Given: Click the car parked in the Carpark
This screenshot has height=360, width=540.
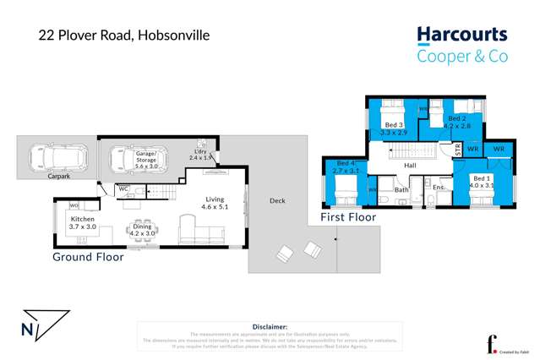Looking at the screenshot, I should pyautogui.click(x=52, y=157).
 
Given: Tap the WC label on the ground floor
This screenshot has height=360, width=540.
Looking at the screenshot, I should pyautogui.click(x=123, y=188).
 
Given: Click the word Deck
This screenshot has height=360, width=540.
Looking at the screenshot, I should pyautogui.click(x=276, y=200).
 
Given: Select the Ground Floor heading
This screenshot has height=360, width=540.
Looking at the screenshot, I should pyautogui.click(x=88, y=257).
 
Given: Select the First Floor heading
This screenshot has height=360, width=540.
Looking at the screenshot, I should pyautogui.click(x=348, y=218).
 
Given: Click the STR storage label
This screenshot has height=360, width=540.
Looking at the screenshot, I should pyautogui.click(x=458, y=150).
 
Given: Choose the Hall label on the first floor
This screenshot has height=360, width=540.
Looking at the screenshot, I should pyautogui.click(x=410, y=166).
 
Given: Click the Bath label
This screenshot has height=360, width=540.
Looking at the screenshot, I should pyautogui.click(x=401, y=190).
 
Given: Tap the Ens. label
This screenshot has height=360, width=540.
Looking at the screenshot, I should pyautogui.click(x=439, y=187).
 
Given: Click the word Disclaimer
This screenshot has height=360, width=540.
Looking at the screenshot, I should pyautogui.click(x=270, y=325).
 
